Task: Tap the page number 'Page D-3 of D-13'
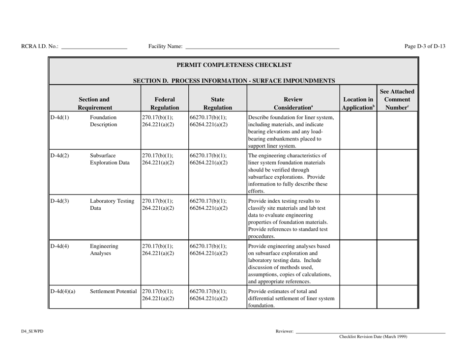425,46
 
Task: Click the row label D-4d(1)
59,118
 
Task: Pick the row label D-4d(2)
59,156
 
